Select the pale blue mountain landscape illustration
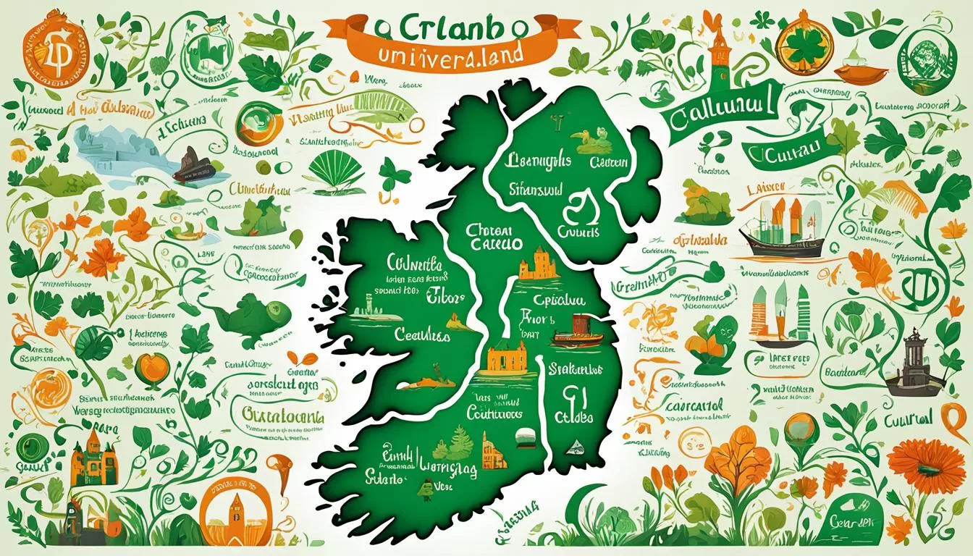[x=116, y=148]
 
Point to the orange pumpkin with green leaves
[x=153, y=366]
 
